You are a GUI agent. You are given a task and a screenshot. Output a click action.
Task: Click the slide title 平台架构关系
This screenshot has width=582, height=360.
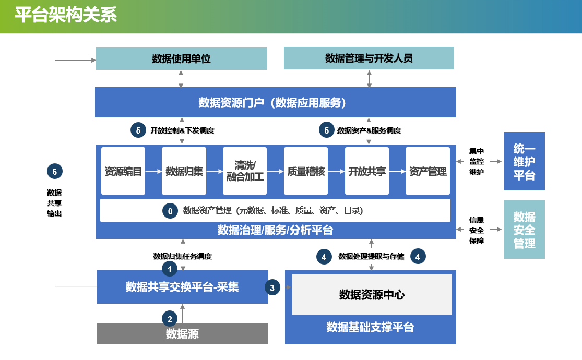66,15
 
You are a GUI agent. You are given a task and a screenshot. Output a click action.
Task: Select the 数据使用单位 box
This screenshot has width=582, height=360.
181,58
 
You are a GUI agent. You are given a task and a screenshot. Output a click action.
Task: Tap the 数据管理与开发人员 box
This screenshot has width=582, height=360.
369,58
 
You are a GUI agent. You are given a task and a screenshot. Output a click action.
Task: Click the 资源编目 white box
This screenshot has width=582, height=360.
123,171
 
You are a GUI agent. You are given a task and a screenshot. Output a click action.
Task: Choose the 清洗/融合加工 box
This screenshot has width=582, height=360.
245,171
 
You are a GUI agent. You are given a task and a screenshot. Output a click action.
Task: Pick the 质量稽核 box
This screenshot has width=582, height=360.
306,171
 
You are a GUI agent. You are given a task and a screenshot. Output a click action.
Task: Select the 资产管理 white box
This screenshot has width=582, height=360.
427,171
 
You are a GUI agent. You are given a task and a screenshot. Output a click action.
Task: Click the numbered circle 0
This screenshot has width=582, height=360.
170,211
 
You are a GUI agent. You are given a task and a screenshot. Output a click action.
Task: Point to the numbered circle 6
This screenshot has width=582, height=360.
55,172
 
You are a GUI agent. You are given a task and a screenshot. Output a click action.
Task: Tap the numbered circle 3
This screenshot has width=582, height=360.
272,287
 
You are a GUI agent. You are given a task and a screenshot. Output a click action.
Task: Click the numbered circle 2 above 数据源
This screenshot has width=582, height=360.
170,319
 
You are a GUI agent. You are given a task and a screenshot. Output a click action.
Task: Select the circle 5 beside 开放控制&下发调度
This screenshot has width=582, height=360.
138,130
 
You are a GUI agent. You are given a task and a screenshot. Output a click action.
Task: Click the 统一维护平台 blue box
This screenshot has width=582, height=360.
525,161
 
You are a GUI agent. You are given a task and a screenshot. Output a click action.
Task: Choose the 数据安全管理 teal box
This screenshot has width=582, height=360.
525,230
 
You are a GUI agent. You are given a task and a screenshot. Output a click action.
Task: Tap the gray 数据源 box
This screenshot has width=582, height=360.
182,333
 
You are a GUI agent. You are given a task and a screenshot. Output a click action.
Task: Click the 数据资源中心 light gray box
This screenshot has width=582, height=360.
372,295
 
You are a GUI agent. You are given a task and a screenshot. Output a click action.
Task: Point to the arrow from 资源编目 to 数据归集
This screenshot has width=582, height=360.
153,172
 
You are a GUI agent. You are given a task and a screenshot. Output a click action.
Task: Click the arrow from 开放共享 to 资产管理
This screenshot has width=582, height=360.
397,172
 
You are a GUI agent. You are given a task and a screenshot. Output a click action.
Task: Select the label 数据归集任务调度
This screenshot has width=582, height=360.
182,256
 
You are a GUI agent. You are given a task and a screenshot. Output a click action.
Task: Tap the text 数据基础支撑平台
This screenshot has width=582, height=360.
370,327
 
